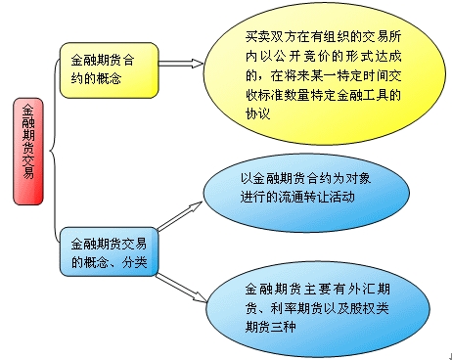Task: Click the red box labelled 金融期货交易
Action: click(x=28, y=150)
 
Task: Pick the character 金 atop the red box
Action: click(x=28, y=110)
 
